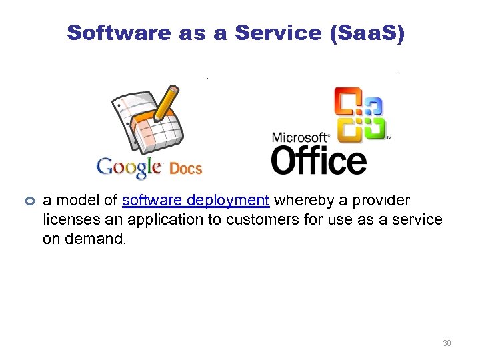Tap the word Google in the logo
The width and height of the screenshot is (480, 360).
pos(129,167)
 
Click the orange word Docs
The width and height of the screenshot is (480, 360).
pos(185,169)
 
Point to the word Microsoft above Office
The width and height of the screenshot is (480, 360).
pos(301,138)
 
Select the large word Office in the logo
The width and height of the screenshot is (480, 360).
pos(318,161)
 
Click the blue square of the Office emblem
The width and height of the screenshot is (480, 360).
pos(373,106)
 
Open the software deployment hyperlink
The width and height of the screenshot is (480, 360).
pos(195,200)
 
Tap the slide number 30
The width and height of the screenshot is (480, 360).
pos(447,343)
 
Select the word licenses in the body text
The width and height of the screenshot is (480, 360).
pos(68,219)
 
